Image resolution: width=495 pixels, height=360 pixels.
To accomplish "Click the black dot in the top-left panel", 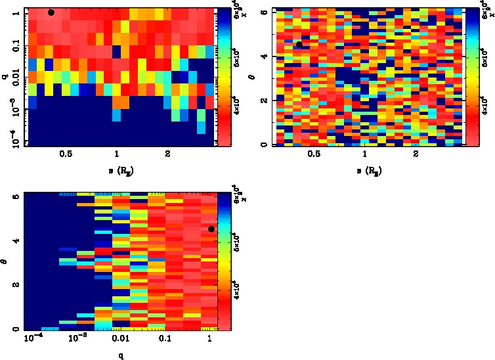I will (51, 12).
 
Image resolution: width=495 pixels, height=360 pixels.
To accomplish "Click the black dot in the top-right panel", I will (299, 45).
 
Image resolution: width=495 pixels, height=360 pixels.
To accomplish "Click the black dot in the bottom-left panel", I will (211, 229).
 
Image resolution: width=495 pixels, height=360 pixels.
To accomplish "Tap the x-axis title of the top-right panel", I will (365, 172).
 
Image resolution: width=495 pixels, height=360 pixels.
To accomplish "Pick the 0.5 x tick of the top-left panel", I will (66, 156).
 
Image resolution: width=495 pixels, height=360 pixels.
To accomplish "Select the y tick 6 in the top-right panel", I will (263, 12).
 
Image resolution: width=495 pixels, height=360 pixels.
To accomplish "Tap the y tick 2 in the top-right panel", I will (263, 101).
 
